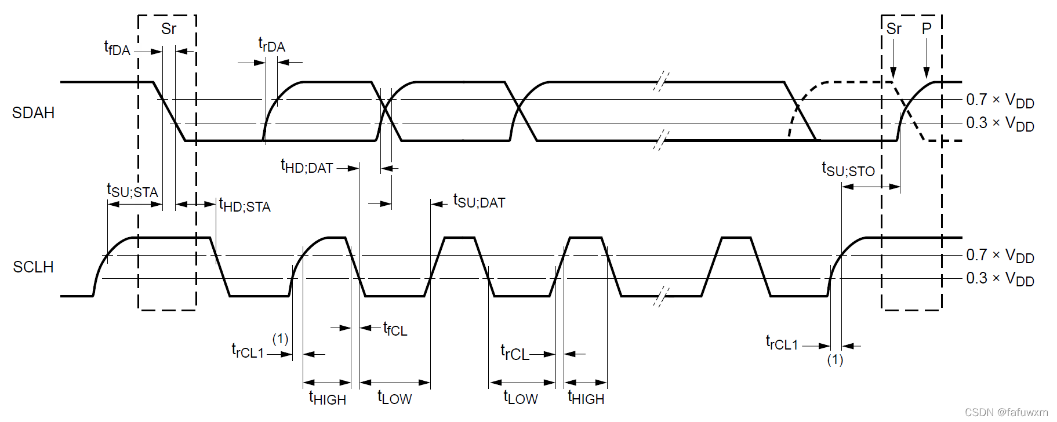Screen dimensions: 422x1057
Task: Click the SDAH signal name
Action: [33, 112]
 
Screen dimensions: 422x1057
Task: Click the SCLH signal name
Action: [33, 267]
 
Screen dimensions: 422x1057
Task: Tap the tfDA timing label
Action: [117, 49]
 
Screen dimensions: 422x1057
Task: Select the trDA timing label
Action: [271, 45]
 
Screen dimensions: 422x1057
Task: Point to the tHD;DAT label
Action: [307, 167]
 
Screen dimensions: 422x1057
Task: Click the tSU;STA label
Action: [132, 191]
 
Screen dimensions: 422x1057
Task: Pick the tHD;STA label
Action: [245, 206]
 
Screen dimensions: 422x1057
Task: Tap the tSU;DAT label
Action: [479, 202]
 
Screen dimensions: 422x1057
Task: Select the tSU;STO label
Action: [848, 170]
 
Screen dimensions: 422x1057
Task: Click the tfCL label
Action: [395, 329]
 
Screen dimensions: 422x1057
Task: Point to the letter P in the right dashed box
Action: [927, 28]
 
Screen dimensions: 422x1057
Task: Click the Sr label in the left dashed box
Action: [169, 29]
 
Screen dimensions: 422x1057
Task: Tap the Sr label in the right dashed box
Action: [894, 29]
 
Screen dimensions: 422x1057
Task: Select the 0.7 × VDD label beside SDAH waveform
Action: [1000, 101]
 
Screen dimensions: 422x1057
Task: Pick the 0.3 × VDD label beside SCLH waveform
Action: [1000, 279]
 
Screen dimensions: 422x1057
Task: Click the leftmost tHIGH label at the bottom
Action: [328, 398]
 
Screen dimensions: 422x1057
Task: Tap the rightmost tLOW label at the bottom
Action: [520, 398]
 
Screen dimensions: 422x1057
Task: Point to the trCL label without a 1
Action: [514, 353]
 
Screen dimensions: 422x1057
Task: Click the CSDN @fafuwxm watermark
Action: [1007, 412]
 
